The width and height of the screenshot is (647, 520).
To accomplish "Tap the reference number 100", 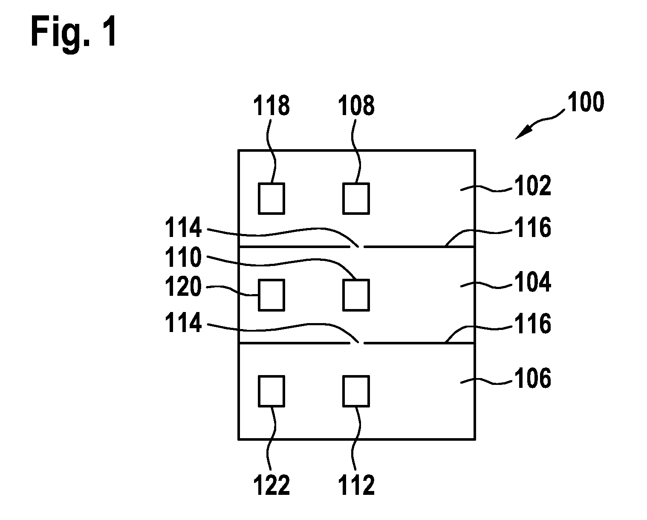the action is [586, 102].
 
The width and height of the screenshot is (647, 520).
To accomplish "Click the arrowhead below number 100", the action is [524, 133].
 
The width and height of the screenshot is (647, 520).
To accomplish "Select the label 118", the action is [272, 105].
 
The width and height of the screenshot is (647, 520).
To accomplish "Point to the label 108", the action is [356, 105].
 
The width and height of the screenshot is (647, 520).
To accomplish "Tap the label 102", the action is [533, 186].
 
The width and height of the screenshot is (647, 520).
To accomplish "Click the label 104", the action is [533, 282].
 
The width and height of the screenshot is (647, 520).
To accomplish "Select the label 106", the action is [533, 378].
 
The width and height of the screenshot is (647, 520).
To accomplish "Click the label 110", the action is [183, 257].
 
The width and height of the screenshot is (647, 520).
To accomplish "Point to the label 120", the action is [183, 286].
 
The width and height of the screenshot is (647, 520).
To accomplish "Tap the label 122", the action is [272, 485].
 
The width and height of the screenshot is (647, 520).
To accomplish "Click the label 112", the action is [356, 485].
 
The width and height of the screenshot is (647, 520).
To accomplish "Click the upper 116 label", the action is [533, 227].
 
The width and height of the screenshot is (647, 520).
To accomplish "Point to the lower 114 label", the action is [183, 322].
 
